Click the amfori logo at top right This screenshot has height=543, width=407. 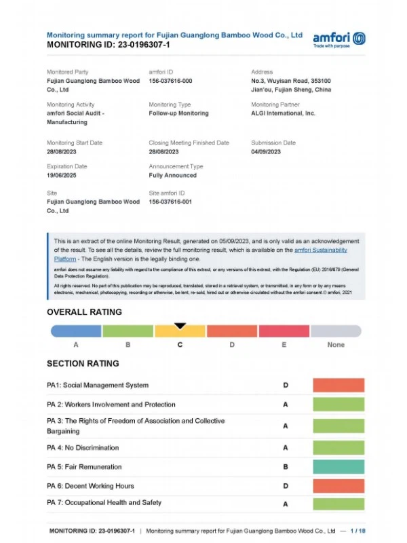pyautogui.click(x=338, y=39)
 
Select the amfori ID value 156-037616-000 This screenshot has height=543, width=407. pyautogui.click(x=170, y=81)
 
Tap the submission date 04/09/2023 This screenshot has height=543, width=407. pyautogui.click(x=266, y=152)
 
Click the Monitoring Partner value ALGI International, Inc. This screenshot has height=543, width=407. pyautogui.click(x=283, y=113)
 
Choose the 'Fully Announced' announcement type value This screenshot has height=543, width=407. pyautogui.click(x=172, y=175)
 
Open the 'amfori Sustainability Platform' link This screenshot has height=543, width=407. pyautogui.click(x=321, y=250)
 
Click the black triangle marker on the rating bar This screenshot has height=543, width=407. pyautogui.click(x=180, y=326)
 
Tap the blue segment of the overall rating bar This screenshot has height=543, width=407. pyautogui.click(x=76, y=331)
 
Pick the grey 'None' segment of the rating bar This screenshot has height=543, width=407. pyautogui.click(x=336, y=331)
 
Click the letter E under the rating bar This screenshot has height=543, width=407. pyautogui.click(x=284, y=345)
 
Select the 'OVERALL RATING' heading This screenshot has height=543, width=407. pyautogui.click(x=84, y=312)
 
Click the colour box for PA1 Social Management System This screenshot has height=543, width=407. pyautogui.click(x=338, y=386)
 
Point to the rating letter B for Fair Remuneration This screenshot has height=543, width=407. pyautogui.click(x=286, y=467)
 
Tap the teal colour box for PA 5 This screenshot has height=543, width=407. pyautogui.click(x=338, y=467)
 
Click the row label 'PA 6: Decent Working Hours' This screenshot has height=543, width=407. pyautogui.click(x=90, y=486)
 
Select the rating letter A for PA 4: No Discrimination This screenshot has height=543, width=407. pyautogui.click(x=286, y=448)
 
